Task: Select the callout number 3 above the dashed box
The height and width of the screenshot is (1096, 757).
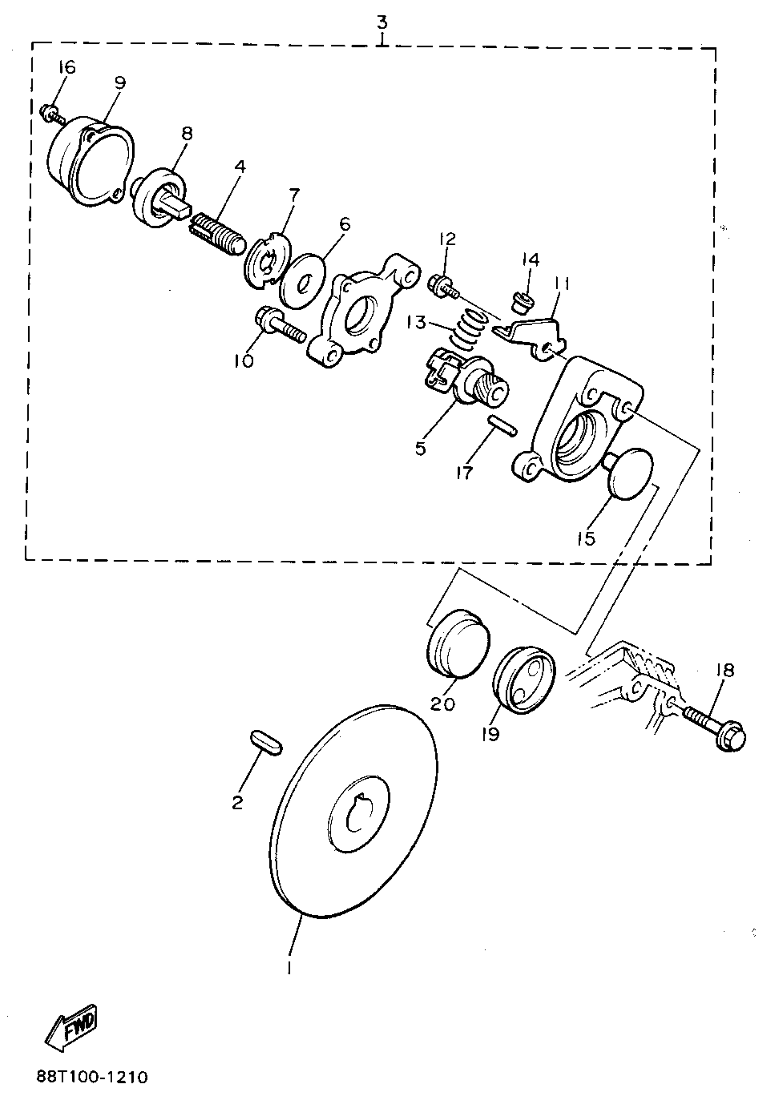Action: (x=382, y=22)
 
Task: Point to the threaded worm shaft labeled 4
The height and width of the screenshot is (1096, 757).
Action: (x=219, y=233)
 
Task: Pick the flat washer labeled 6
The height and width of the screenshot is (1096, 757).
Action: (x=303, y=281)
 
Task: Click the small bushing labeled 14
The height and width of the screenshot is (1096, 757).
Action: (x=523, y=301)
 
